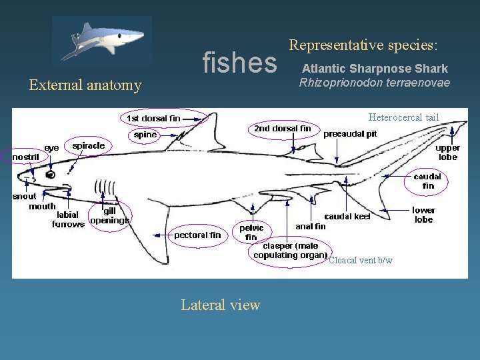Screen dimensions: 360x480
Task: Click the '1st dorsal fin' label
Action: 153,119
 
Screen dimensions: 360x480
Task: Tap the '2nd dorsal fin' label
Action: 282,128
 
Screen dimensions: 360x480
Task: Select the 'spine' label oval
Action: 145,135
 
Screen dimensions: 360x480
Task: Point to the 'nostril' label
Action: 26,157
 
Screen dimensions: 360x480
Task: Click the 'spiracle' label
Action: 89,146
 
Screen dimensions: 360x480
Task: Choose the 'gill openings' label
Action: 109,215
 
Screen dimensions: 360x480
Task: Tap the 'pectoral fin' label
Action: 197,235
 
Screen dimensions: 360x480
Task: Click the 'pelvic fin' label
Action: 251,232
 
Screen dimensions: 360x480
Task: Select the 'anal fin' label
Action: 311,227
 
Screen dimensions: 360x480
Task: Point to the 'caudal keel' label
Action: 347,217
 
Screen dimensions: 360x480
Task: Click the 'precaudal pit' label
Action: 350,134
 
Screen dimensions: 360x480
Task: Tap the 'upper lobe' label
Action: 447,153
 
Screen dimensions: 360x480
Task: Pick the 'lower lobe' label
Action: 423,215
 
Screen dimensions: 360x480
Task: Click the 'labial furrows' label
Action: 68,219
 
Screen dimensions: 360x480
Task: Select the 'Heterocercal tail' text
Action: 404,118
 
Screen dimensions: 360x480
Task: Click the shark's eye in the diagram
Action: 51,174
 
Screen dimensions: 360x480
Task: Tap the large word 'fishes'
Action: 239,63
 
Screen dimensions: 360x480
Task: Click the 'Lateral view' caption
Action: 221,305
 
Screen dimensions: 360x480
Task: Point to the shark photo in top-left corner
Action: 102,41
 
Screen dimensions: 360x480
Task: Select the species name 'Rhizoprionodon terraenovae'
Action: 375,83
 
